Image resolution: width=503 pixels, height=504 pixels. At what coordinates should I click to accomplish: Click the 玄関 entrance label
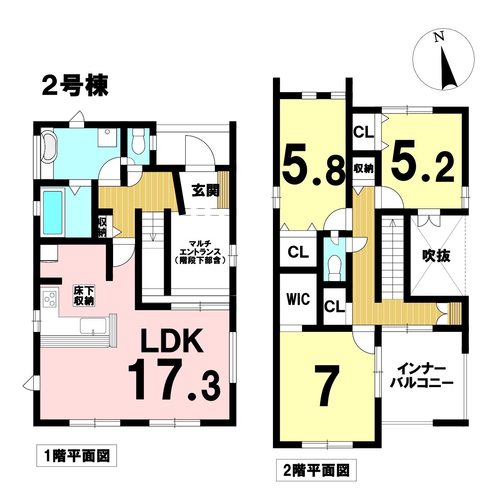coord(205,190)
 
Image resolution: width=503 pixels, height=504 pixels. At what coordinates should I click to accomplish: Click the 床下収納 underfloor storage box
coord(84,296)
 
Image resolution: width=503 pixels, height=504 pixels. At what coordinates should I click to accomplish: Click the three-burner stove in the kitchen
coord(50,299)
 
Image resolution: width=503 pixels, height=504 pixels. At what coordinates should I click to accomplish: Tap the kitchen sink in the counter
coord(93,325)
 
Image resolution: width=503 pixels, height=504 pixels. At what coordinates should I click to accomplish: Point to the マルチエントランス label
coord(200,252)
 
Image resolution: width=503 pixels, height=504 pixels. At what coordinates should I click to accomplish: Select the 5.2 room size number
coord(423,161)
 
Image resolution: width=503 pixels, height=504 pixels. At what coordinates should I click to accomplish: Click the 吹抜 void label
coord(436,256)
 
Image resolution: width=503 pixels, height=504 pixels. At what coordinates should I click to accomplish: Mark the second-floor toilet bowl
coord(335,267)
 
